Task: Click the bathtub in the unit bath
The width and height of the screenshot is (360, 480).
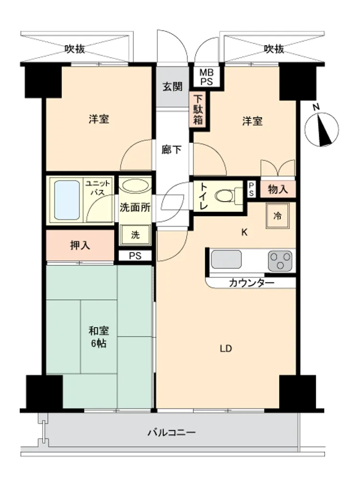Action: point(67,200)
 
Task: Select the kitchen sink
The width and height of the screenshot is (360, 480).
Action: point(226,259)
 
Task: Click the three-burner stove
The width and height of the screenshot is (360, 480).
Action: point(280,261)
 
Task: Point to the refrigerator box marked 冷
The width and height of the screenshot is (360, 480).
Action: point(277,216)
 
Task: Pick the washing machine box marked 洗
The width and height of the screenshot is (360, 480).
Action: point(135,235)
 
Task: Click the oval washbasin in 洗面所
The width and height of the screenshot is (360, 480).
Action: point(135,185)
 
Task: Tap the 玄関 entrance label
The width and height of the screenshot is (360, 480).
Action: point(172,86)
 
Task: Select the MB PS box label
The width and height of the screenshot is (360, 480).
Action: point(206,77)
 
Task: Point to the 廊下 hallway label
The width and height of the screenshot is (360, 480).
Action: point(172,150)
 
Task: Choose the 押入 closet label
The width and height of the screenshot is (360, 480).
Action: point(80,245)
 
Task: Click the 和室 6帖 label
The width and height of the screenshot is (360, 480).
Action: point(98,337)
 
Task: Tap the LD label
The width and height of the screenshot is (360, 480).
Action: point(226,348)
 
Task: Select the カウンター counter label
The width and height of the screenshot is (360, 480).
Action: point(252,283)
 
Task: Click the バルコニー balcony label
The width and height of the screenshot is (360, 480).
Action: point(172,432)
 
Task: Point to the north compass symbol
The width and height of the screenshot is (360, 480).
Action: point(322,129)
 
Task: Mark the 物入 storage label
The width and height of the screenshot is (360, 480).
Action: point(278,190)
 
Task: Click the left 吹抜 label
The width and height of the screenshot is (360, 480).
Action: point(75,48)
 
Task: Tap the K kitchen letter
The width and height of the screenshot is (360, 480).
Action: point(244,232)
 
